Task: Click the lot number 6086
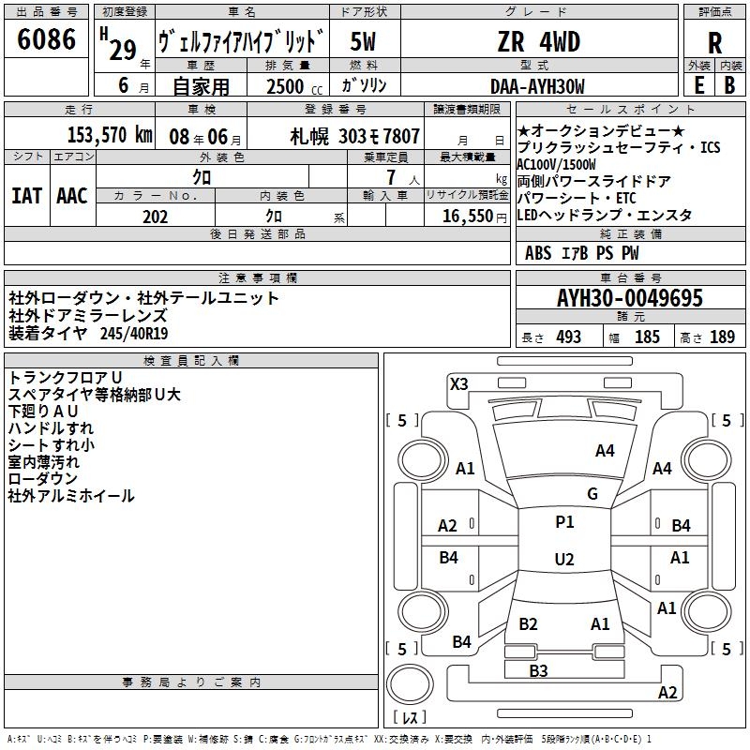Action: pos(47,40)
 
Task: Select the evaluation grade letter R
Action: pos(714,42)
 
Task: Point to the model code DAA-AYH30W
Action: pos(538,86)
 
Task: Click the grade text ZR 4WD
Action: pos(538,42)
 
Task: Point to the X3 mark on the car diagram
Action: pos(458,383)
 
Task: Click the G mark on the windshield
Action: pos(592,494)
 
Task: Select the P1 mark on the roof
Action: pos(564,522)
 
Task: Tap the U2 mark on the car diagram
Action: pos(563,560)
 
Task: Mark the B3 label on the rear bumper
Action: pos(537,670)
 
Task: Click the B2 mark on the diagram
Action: pos(528,624)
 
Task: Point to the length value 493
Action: pos(568,337)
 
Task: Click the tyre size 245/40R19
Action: pos(136,333)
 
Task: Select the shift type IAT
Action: pos(26,195)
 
